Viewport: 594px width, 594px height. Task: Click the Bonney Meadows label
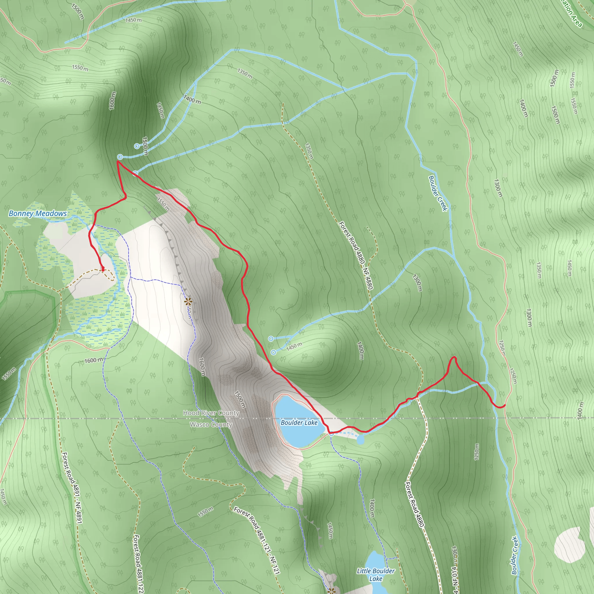(x=37, y=213)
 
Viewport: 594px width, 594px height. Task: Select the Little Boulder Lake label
(x=376, y=575)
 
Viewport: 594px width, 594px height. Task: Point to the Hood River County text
(x=211, y=413)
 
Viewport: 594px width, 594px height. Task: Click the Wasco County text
(x=211, y=425)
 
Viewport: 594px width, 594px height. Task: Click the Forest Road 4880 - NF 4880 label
(x=356, y=255)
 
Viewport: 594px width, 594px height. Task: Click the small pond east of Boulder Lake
(x=361, y=440)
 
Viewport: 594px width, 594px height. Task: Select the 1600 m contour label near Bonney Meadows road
(x=94, y=360)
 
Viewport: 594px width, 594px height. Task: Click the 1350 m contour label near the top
(x=245, y=73)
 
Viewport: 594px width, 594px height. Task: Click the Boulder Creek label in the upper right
(x=438, y=193)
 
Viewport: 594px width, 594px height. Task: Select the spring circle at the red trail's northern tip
(x=120, y=157)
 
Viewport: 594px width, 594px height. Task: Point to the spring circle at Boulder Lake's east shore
(x=332, y=434)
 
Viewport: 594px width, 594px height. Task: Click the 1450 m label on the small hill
(x=294, y=346)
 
